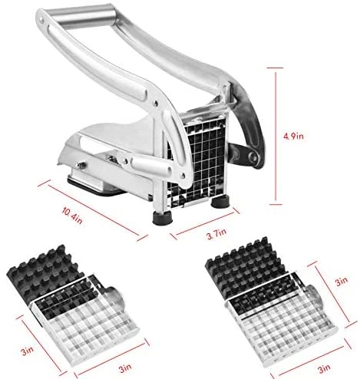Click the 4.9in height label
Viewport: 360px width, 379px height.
293,136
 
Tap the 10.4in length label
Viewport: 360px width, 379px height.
72,216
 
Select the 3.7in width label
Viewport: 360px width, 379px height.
216,234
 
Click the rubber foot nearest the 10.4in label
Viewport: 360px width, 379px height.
163,218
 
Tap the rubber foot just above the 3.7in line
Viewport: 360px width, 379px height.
221,201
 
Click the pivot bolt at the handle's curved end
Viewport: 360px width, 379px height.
253,157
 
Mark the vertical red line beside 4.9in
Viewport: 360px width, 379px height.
276,136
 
